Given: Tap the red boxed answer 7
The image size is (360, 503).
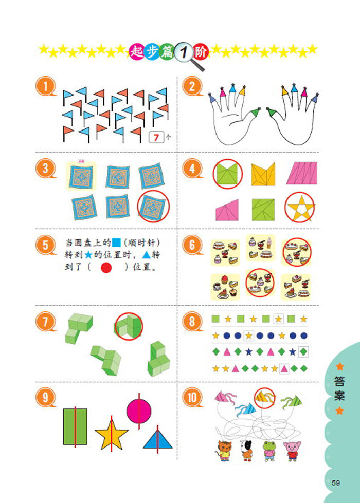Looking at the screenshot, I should pos(156,137).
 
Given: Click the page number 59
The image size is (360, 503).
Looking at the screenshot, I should pos(336,482).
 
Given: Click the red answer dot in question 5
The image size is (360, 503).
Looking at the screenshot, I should pos(106,268).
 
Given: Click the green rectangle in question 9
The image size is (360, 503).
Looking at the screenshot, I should pos(75,426).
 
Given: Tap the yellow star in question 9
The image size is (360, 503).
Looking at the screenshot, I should pos(111,435).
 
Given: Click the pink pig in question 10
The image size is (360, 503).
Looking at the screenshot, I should pos(292,451).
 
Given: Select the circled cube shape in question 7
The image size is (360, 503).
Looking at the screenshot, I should pos(129,326).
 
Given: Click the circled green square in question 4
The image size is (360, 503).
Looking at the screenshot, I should pos(227,174).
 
